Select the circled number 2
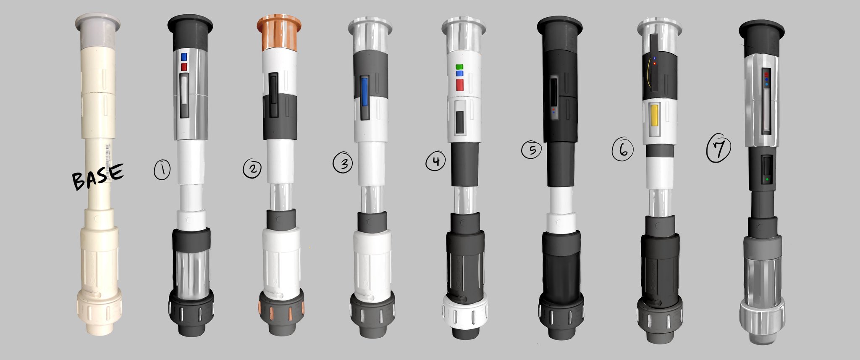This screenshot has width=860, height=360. click(x=252, y=168)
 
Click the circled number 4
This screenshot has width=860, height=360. click(x=435, y=161)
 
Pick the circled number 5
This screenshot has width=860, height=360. click(x=532, y=150)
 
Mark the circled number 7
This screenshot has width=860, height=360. click(x=718, y=150)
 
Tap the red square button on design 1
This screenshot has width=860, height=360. click(x=184, y=67)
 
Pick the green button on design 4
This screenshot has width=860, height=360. click(x=459, y=66)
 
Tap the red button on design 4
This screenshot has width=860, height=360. click(x=459, y=85)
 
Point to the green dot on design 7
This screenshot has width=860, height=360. click(x=768, y=179)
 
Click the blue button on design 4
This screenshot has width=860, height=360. click(x=459, y=74)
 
